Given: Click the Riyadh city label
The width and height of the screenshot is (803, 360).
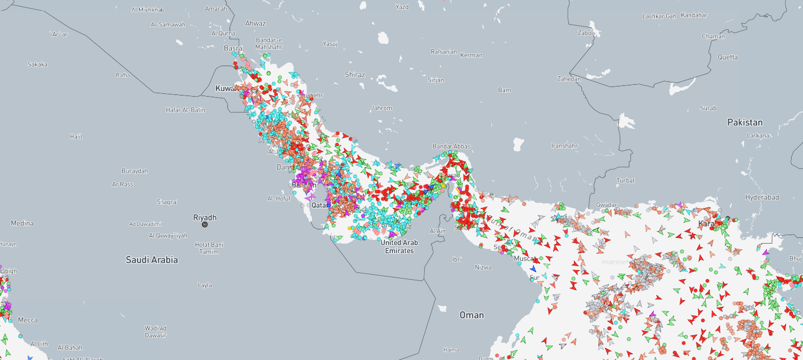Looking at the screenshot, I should [205, 218].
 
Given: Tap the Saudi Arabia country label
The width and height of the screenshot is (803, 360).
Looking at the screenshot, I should [152, 260].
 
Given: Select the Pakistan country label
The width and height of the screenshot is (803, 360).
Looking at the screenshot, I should [745, 123].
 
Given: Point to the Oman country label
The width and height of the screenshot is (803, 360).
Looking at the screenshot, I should [472, 315].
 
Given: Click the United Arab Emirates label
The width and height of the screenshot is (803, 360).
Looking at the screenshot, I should [399, 246].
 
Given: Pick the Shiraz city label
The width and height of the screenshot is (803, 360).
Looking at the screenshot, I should [355, 75].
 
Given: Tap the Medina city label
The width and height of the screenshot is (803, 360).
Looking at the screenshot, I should [22, 223].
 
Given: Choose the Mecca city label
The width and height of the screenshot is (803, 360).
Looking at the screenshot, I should [28, 320].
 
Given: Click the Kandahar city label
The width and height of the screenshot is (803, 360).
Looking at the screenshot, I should [694, 15].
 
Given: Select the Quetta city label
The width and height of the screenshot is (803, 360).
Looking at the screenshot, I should [728, 57].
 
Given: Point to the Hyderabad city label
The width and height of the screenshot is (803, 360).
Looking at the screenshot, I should [762, 197].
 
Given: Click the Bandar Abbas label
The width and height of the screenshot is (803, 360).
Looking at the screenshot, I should [451, 146].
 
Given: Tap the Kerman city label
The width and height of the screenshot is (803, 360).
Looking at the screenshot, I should [471, 55].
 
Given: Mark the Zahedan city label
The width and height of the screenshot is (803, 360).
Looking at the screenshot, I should [568, 79].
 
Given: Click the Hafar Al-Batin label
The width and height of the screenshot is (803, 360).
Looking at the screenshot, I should [185, 110].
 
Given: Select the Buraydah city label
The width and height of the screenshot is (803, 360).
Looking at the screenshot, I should [135, 171].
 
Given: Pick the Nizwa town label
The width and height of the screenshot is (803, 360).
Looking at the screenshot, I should [483, 267].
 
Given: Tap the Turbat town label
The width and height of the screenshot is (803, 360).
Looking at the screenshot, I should [625, 180].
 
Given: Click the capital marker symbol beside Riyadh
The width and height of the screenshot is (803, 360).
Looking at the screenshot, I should [205, 224].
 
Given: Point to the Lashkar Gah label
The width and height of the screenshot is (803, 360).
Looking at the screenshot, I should [659, 16].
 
